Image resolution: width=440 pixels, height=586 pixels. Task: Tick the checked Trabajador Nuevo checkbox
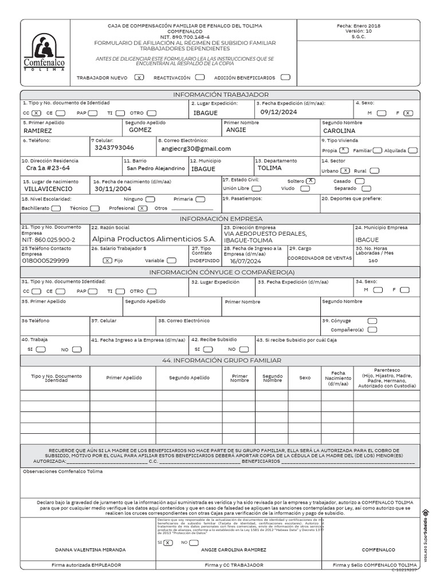coord(139,77)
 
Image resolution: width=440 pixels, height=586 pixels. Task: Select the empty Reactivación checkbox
coord(199,77)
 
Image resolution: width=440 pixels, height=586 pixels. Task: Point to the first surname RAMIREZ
coord(37,130)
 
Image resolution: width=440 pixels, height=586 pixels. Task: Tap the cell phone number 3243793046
coord(114,148)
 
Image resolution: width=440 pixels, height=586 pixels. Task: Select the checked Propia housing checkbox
coord(343,151)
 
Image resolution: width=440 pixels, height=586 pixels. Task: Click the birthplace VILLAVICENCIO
coord(48,188)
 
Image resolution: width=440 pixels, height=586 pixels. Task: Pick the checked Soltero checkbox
coord(311,180)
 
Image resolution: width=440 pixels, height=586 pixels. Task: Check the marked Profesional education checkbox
coord(142,208)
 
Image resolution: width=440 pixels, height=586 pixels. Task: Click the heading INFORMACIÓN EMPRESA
coord(221,219)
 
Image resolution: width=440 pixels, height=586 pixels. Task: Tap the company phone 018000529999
coord(45,260)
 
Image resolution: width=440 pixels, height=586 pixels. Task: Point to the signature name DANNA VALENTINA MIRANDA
coord(90,549)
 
